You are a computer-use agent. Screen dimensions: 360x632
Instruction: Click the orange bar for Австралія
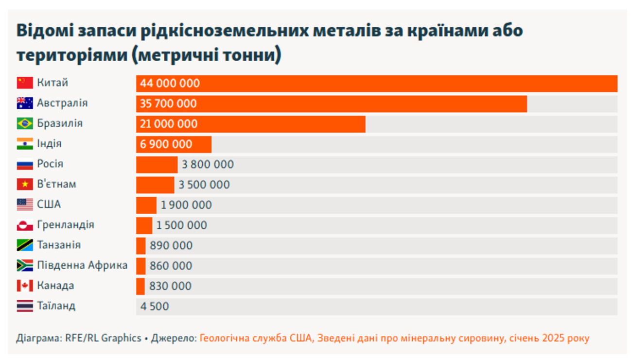click(x=331, y=103)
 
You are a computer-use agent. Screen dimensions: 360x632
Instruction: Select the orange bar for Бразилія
click(x=250, y=124)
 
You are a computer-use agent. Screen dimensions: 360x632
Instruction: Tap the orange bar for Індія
click(x=174, y=144)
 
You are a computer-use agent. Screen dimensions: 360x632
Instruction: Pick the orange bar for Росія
click(x=157, y=165)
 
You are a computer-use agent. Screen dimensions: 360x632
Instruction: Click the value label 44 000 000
click(x=170, y=84)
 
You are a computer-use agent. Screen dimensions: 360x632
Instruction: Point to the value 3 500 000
click(x=204, y=185)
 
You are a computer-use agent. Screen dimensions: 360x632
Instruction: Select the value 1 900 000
click(x=186, y=205)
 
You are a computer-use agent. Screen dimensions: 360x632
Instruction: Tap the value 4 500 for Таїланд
click(x=155, y=307)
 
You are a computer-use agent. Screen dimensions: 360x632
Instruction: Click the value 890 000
click(x=171, y=246)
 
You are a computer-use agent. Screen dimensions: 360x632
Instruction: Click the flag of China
click(x=25, y=83)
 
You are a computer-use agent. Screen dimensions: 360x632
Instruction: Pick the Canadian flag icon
click(x=25, y=286)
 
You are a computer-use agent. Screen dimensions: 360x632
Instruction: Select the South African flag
click(x=25, y=266)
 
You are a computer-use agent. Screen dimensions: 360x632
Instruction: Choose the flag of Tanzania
click(x=25, y=245)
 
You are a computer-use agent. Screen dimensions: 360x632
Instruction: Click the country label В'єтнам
click(x=56, y=185)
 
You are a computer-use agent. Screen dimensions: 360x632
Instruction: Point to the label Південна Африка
click(x=82, y=265)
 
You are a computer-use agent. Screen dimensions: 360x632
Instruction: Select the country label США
click(x=49, y=205)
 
